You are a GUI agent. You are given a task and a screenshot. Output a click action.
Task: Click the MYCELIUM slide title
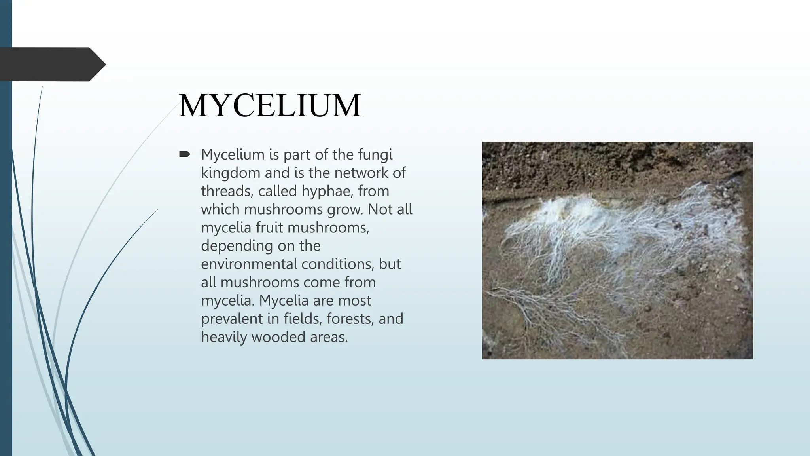point(270,106)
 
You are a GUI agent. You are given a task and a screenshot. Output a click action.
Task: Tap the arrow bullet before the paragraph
point(184,154)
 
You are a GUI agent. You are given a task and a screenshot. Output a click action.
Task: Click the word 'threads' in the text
point(227,191)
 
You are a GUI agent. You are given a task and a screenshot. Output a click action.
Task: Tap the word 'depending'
point(237,246)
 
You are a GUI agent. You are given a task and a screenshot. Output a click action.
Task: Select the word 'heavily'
point(224,337)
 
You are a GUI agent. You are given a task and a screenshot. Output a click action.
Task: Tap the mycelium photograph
point(617,251)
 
